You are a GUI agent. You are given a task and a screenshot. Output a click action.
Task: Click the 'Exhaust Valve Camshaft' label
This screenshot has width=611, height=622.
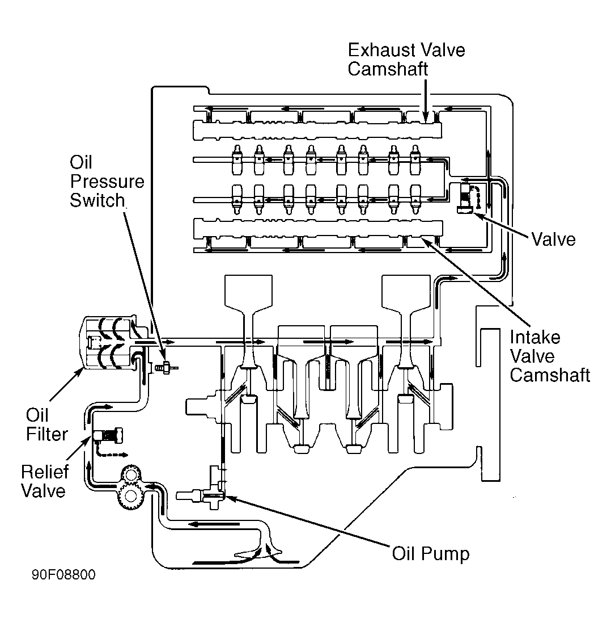(406, 60)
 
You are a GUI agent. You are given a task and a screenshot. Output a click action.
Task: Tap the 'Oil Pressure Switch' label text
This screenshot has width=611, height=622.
(107, 181)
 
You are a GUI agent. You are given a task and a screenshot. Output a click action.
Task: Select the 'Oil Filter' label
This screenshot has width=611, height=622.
(46, 425)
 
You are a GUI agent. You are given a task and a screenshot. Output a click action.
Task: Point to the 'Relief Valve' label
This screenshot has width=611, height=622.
(44, 481)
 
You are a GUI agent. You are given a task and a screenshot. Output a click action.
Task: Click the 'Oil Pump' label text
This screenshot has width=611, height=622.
(431, 553)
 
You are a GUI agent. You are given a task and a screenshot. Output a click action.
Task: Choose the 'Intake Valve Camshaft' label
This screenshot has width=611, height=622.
(550, 356)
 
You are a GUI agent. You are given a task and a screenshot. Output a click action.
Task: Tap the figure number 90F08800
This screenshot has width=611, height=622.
(64, 575)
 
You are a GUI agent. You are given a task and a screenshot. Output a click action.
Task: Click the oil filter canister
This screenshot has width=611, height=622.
(109, 342)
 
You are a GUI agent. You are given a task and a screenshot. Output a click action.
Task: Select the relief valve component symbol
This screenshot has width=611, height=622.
(108, 435)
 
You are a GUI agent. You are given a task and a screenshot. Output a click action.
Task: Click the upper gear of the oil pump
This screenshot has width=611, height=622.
(131, 474)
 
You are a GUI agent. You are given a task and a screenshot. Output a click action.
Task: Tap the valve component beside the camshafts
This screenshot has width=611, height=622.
(465, 198)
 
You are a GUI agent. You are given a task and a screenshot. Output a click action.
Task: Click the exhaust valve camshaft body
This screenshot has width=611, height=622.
(317, 131)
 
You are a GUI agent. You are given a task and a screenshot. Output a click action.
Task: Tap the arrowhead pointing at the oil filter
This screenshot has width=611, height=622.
(80, 371)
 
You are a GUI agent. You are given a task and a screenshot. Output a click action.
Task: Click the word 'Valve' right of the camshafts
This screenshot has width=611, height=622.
(553, 239)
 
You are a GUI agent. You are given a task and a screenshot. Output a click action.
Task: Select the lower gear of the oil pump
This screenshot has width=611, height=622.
(130, 497)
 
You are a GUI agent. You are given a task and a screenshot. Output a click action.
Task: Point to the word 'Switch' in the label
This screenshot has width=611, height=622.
(97, 200)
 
